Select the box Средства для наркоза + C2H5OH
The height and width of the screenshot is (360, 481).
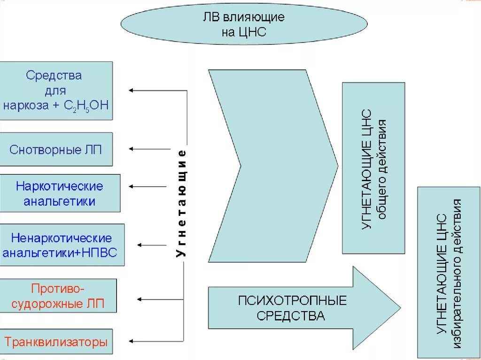pos(56,90)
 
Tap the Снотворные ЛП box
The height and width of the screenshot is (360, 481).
pos(56,149)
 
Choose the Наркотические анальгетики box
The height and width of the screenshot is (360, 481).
pos(60,193)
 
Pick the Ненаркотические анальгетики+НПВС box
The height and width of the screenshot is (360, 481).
pos(62,245)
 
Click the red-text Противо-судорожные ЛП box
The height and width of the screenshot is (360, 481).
pos(58,296)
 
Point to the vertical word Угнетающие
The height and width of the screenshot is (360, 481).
pos(182,203)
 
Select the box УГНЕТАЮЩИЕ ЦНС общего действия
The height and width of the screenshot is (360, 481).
pos(373,168)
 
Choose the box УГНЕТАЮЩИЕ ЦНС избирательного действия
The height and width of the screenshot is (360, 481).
pos(449,272)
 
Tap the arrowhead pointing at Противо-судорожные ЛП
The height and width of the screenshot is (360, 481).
pos(139,299)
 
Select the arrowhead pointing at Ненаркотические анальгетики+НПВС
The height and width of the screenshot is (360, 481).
pos(140,245)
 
